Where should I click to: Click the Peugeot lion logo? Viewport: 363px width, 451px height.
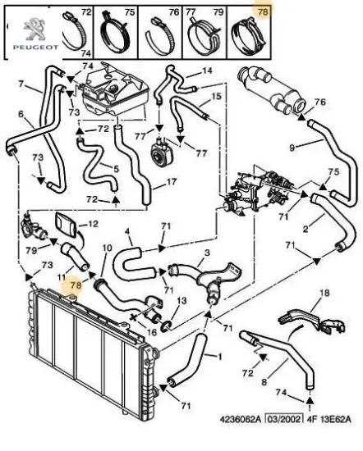pos(35,29)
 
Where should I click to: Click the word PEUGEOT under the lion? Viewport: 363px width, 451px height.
pos(35,47)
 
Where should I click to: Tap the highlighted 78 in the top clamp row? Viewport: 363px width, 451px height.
pos(263,11)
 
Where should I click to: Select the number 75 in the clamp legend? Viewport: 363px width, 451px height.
pos(130,11)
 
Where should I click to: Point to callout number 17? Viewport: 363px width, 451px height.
pos(172,182)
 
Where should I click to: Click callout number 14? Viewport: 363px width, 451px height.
pos(207,71)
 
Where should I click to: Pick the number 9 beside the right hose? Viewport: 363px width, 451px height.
pos(292,148)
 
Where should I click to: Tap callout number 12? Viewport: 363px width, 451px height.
pos(93,224)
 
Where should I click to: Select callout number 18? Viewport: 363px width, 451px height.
pos(324,293)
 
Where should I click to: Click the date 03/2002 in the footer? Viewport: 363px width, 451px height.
pos(284,419)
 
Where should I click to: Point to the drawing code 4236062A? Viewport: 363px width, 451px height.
pos(241,419)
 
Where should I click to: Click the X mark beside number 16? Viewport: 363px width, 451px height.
pos(134,318)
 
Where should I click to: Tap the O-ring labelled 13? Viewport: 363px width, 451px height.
pos(167,326)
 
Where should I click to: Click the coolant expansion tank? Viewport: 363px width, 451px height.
pos(115,89)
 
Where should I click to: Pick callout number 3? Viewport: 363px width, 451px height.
pos(207,253)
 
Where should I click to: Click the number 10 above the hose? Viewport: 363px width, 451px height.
pos(107,248)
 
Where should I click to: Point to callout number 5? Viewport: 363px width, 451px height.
pos(116,168)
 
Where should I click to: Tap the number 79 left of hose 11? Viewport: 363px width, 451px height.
pos(31,251)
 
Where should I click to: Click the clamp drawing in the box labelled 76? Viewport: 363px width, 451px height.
pos(159,35)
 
